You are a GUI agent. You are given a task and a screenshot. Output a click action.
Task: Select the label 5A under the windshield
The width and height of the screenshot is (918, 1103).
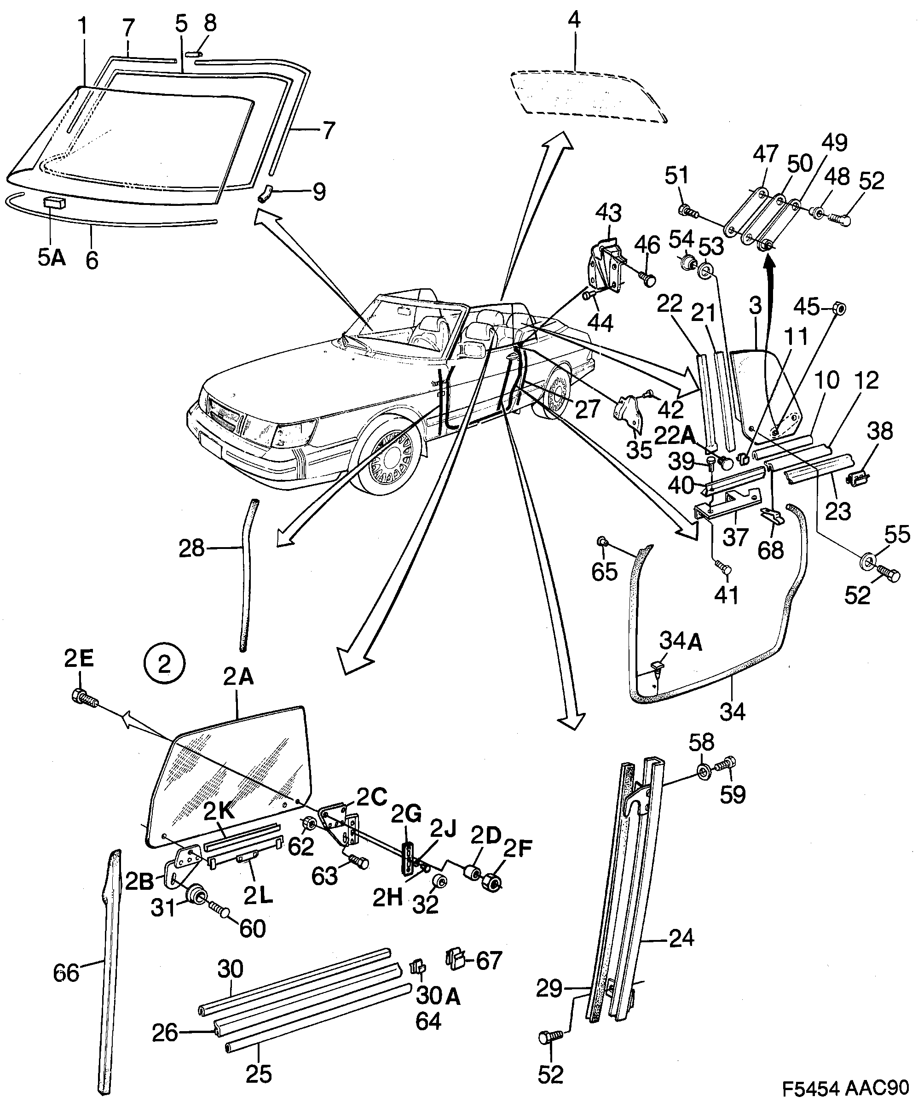pyautogui.click(x=52, y=258)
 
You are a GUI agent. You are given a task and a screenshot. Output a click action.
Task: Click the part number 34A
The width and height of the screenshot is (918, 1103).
pyautogui.click(x=680, y=642)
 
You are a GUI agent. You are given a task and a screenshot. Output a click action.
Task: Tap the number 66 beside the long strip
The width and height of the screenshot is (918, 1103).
pyautogui.click(x=66, y=973)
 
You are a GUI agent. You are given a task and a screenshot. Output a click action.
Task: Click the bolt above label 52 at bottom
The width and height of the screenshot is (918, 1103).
pyautogui.click(x=550, y=1037)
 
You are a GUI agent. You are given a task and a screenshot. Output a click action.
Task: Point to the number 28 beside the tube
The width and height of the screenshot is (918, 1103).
pyautogui.click(x=191, y=549)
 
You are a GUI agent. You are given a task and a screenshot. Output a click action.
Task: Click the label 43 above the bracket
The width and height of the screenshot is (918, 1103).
pyautogui.click(x=609, y=214)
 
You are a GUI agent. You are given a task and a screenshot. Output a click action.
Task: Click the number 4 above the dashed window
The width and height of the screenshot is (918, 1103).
pyautogui.click(x=574, y=20)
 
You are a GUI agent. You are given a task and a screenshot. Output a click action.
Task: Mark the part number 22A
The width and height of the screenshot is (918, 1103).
pyautogui.click(x=674, y=435)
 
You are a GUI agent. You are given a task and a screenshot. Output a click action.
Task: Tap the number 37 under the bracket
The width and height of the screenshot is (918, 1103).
pyautogui.click(x=735, y=537)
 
